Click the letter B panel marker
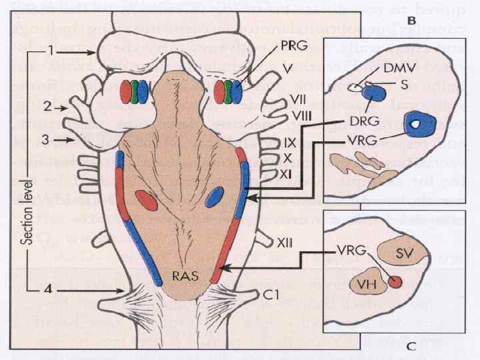click(412, 21)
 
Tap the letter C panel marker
click(412, 345)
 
